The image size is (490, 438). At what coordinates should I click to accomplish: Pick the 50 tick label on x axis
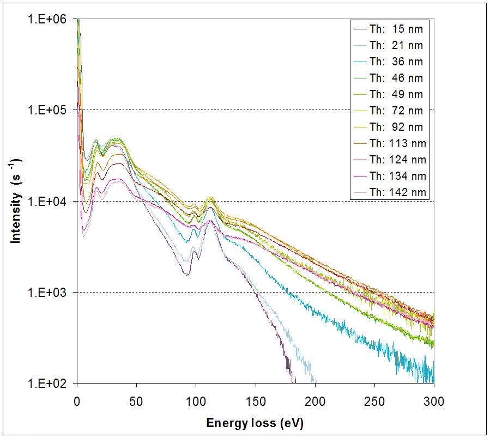(136, 401)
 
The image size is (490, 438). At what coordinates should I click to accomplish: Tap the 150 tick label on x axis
(255, 401)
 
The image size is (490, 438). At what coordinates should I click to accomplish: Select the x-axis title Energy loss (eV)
(255, 423)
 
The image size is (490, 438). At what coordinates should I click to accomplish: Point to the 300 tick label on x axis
(433, 401)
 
